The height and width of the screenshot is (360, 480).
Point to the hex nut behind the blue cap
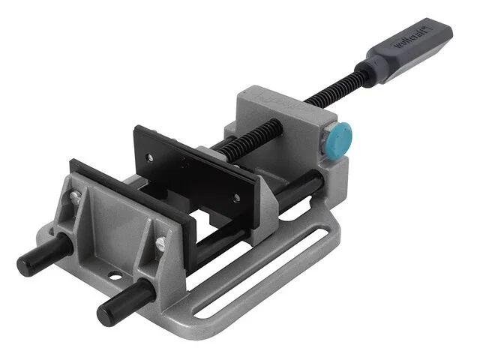327,137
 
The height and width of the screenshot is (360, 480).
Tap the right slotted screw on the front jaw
161,243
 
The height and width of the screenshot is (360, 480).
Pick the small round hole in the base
115,277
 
